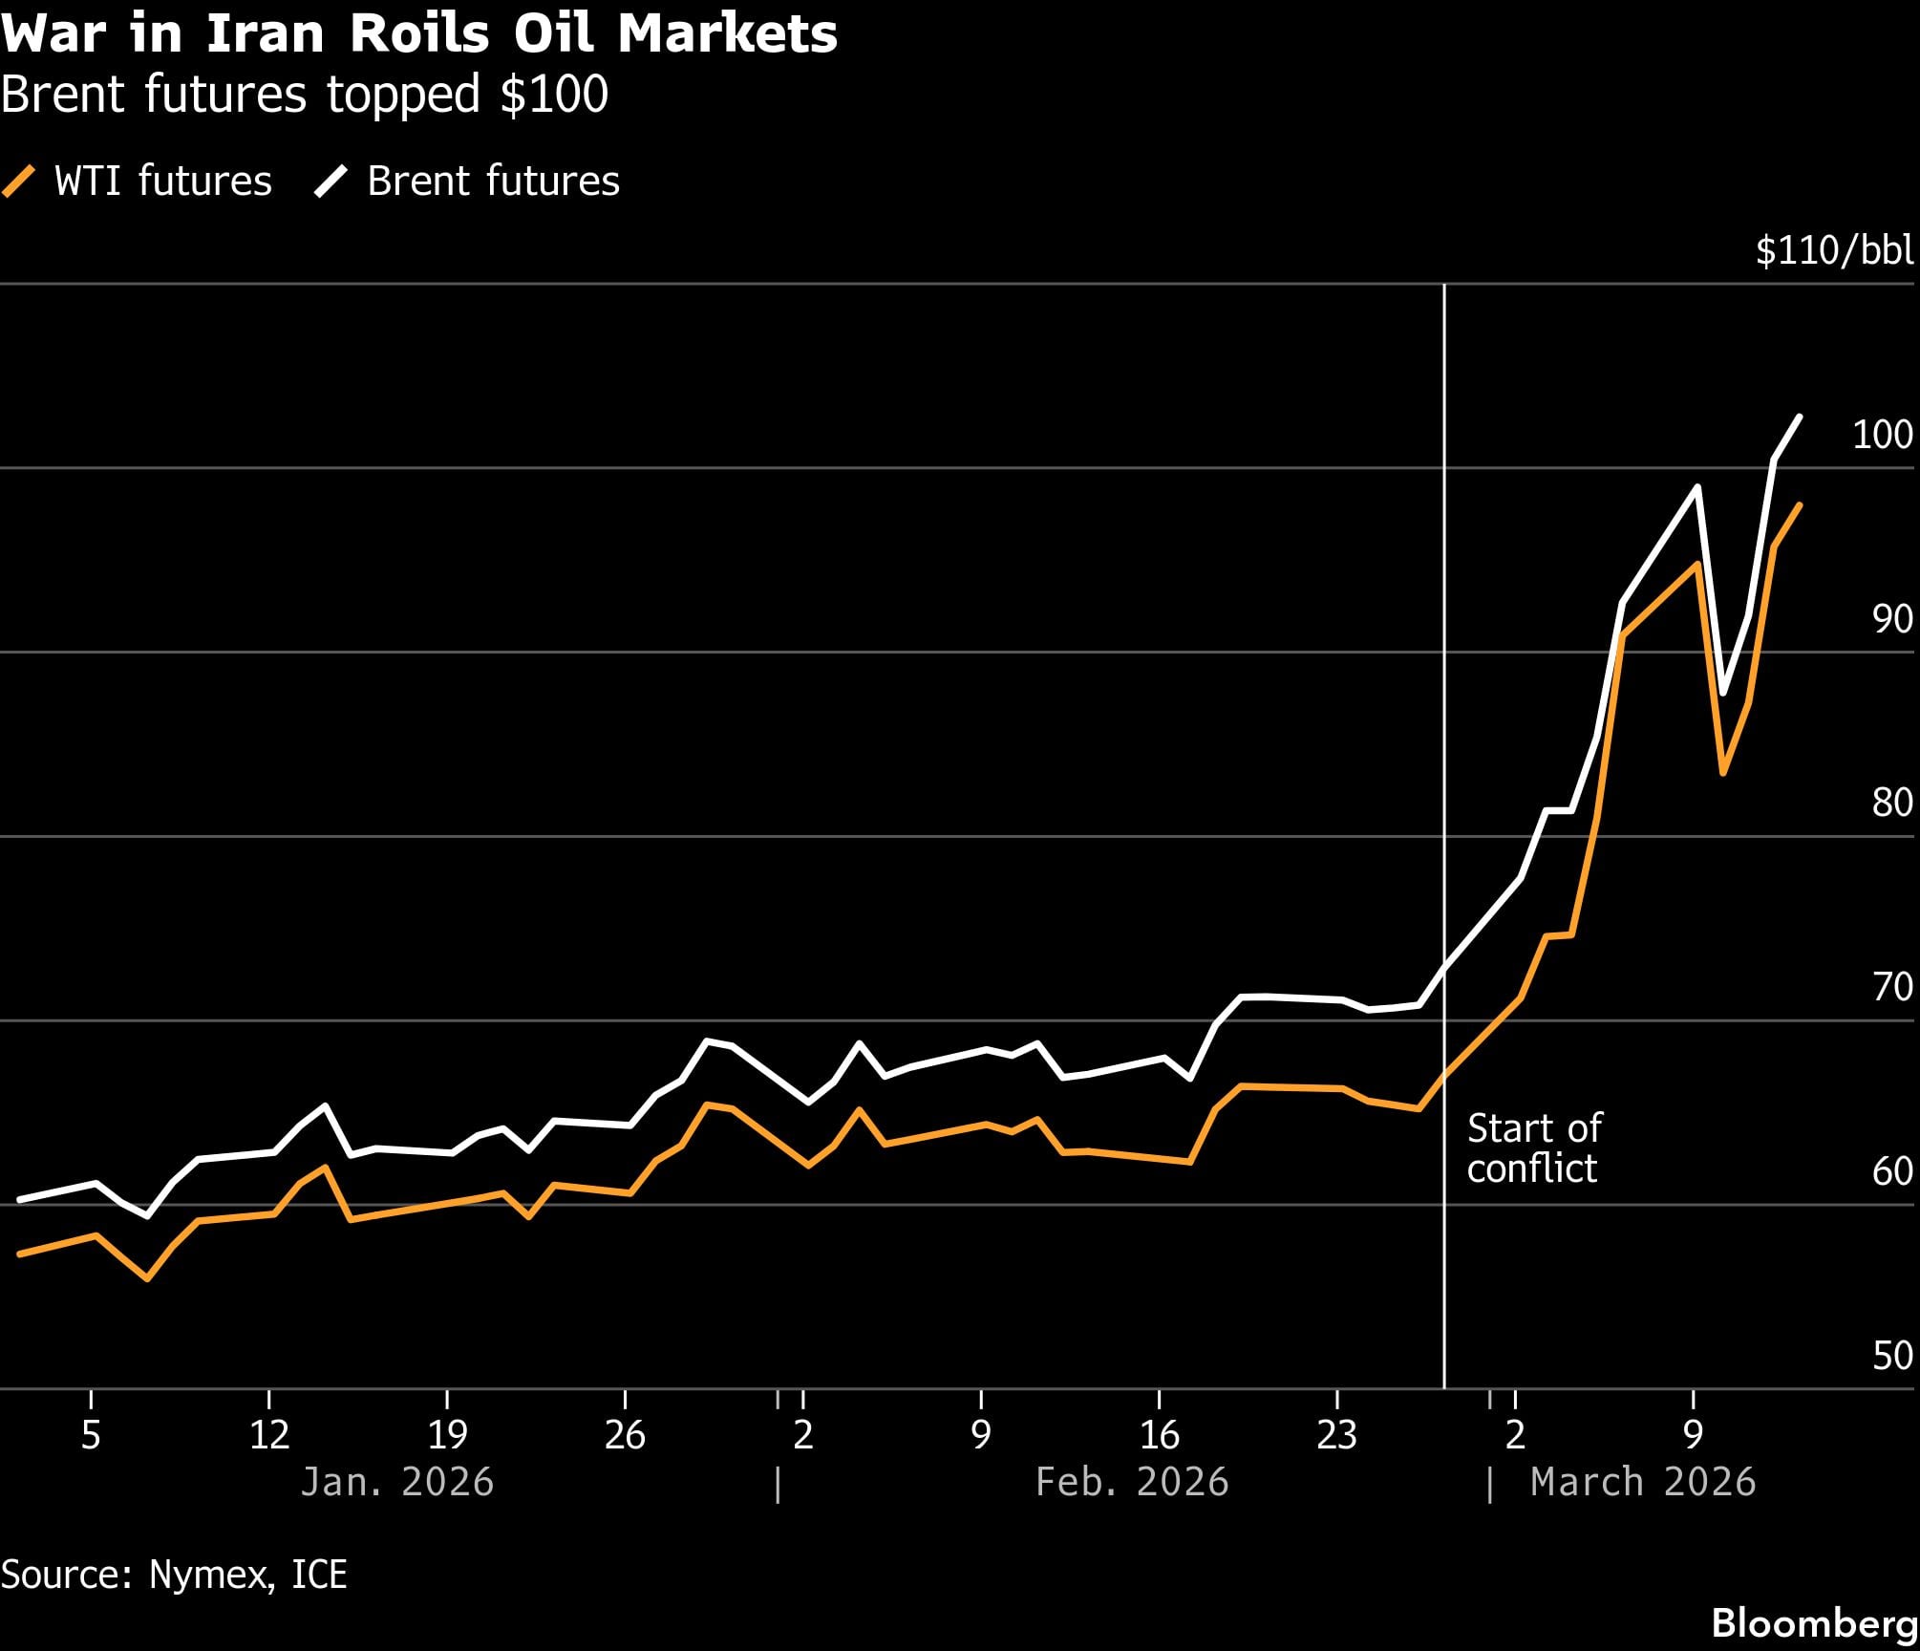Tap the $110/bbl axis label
pos(1834,250)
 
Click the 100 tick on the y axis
pos(1882,435)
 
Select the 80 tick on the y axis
pos(1891,803)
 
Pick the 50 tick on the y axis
pos(1891,1356)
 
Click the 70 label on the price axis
pos(1891,987)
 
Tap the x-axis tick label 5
pos(91,1435)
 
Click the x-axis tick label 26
pos(625,1435)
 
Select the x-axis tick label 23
pos(1336,1435)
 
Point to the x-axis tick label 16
pos(1159,1435)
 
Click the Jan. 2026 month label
pos(396,1482)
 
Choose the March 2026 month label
pos(1643,1482)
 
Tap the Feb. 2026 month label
pos(1132,1482)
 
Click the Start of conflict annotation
pos(1533,1148)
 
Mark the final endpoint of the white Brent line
pos(1800,417)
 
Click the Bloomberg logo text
pos(1814,1622)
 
